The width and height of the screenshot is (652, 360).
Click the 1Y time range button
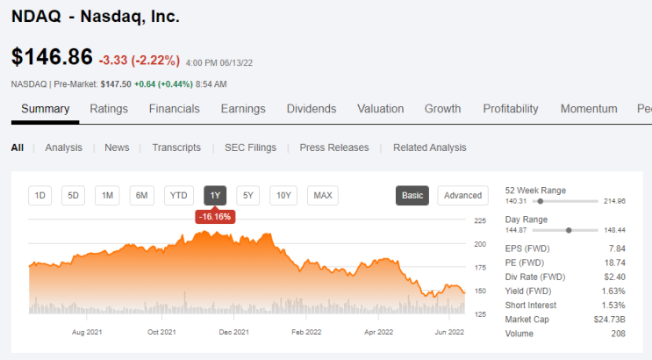point(215,196)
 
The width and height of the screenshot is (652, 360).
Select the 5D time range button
point(73,196)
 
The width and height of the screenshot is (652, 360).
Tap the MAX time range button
point(323,196)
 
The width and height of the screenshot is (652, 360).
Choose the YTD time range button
point(179,196)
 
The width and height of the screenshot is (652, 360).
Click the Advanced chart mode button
point(462,196)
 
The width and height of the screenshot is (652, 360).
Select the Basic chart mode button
point(412,196)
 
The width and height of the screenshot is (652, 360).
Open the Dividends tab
point(312,109)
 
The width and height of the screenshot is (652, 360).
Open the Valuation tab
point(381,109)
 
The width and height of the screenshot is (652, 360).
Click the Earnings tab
point(243,109)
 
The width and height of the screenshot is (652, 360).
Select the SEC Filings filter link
point(250,148)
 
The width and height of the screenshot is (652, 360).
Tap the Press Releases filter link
point(334,148)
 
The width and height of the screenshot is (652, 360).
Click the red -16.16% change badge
point(215,217)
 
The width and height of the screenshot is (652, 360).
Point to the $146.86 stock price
point(52,56)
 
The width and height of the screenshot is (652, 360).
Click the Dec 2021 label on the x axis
point(234,332)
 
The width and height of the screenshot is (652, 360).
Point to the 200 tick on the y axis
point(480,244)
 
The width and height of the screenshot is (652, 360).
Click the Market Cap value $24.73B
point(609,320)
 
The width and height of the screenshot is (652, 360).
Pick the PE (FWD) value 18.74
point(615,263)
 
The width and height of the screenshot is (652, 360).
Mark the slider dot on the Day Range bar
point(569,230)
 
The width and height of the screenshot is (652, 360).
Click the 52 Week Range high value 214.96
point(614,201)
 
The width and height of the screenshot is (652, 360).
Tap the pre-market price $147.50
point(116,84)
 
